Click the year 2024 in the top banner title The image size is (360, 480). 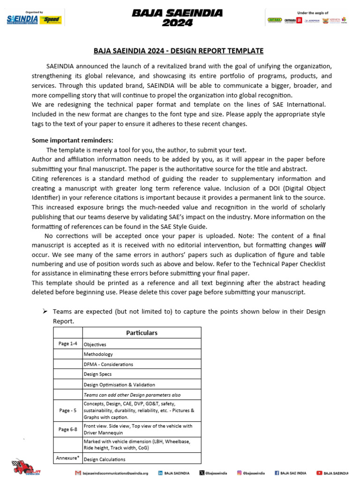(177, 23)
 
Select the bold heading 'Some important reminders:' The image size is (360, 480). (72, 141)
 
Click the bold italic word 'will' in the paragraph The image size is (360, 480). (320, 245)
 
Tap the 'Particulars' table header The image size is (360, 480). (142, 333)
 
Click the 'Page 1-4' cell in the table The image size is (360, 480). (68, 344)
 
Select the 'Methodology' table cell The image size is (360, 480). (98, 354)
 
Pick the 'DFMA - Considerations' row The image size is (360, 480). (108, 364)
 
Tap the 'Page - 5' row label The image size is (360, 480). (68, 410)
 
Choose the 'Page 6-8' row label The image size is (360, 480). (68, 429)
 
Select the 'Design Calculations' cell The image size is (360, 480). (105, 459)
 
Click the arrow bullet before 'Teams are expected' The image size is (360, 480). (46, 312)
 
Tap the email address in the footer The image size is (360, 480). (115, 473)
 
